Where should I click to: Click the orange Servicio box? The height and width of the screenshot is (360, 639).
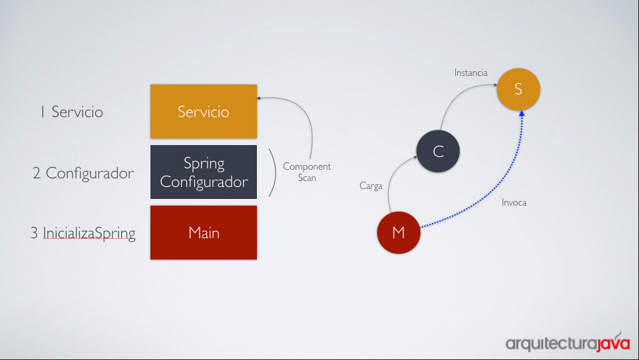pos(204,111)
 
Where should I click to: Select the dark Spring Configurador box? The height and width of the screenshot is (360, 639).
pos(204,172)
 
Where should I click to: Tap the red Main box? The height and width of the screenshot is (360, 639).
pos(204,232)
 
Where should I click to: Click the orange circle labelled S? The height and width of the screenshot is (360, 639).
pos(519,89)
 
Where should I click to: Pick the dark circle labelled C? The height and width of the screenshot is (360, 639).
pos(438,151)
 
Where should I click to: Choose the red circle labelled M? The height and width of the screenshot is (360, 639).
pos(399,232)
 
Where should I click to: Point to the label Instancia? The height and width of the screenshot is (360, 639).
pos(471,73)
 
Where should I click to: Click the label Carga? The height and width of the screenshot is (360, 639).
pos(371,186)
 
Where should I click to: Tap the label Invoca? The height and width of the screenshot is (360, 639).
pos(514,202)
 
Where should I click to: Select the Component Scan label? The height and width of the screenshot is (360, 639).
pos(307,172)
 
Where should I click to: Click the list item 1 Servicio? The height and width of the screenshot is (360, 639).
pos(72,112)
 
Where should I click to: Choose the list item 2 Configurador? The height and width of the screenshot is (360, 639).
pos(83,173)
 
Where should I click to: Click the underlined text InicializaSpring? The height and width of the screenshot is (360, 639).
pos(89,234)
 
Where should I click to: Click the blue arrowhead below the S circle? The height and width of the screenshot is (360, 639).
pos(522,114)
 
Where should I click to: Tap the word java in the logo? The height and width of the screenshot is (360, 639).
pos(614,343)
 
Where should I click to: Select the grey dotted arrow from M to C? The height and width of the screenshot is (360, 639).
pos(393,175)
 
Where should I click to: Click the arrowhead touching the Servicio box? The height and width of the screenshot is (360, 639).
pos(259,98)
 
